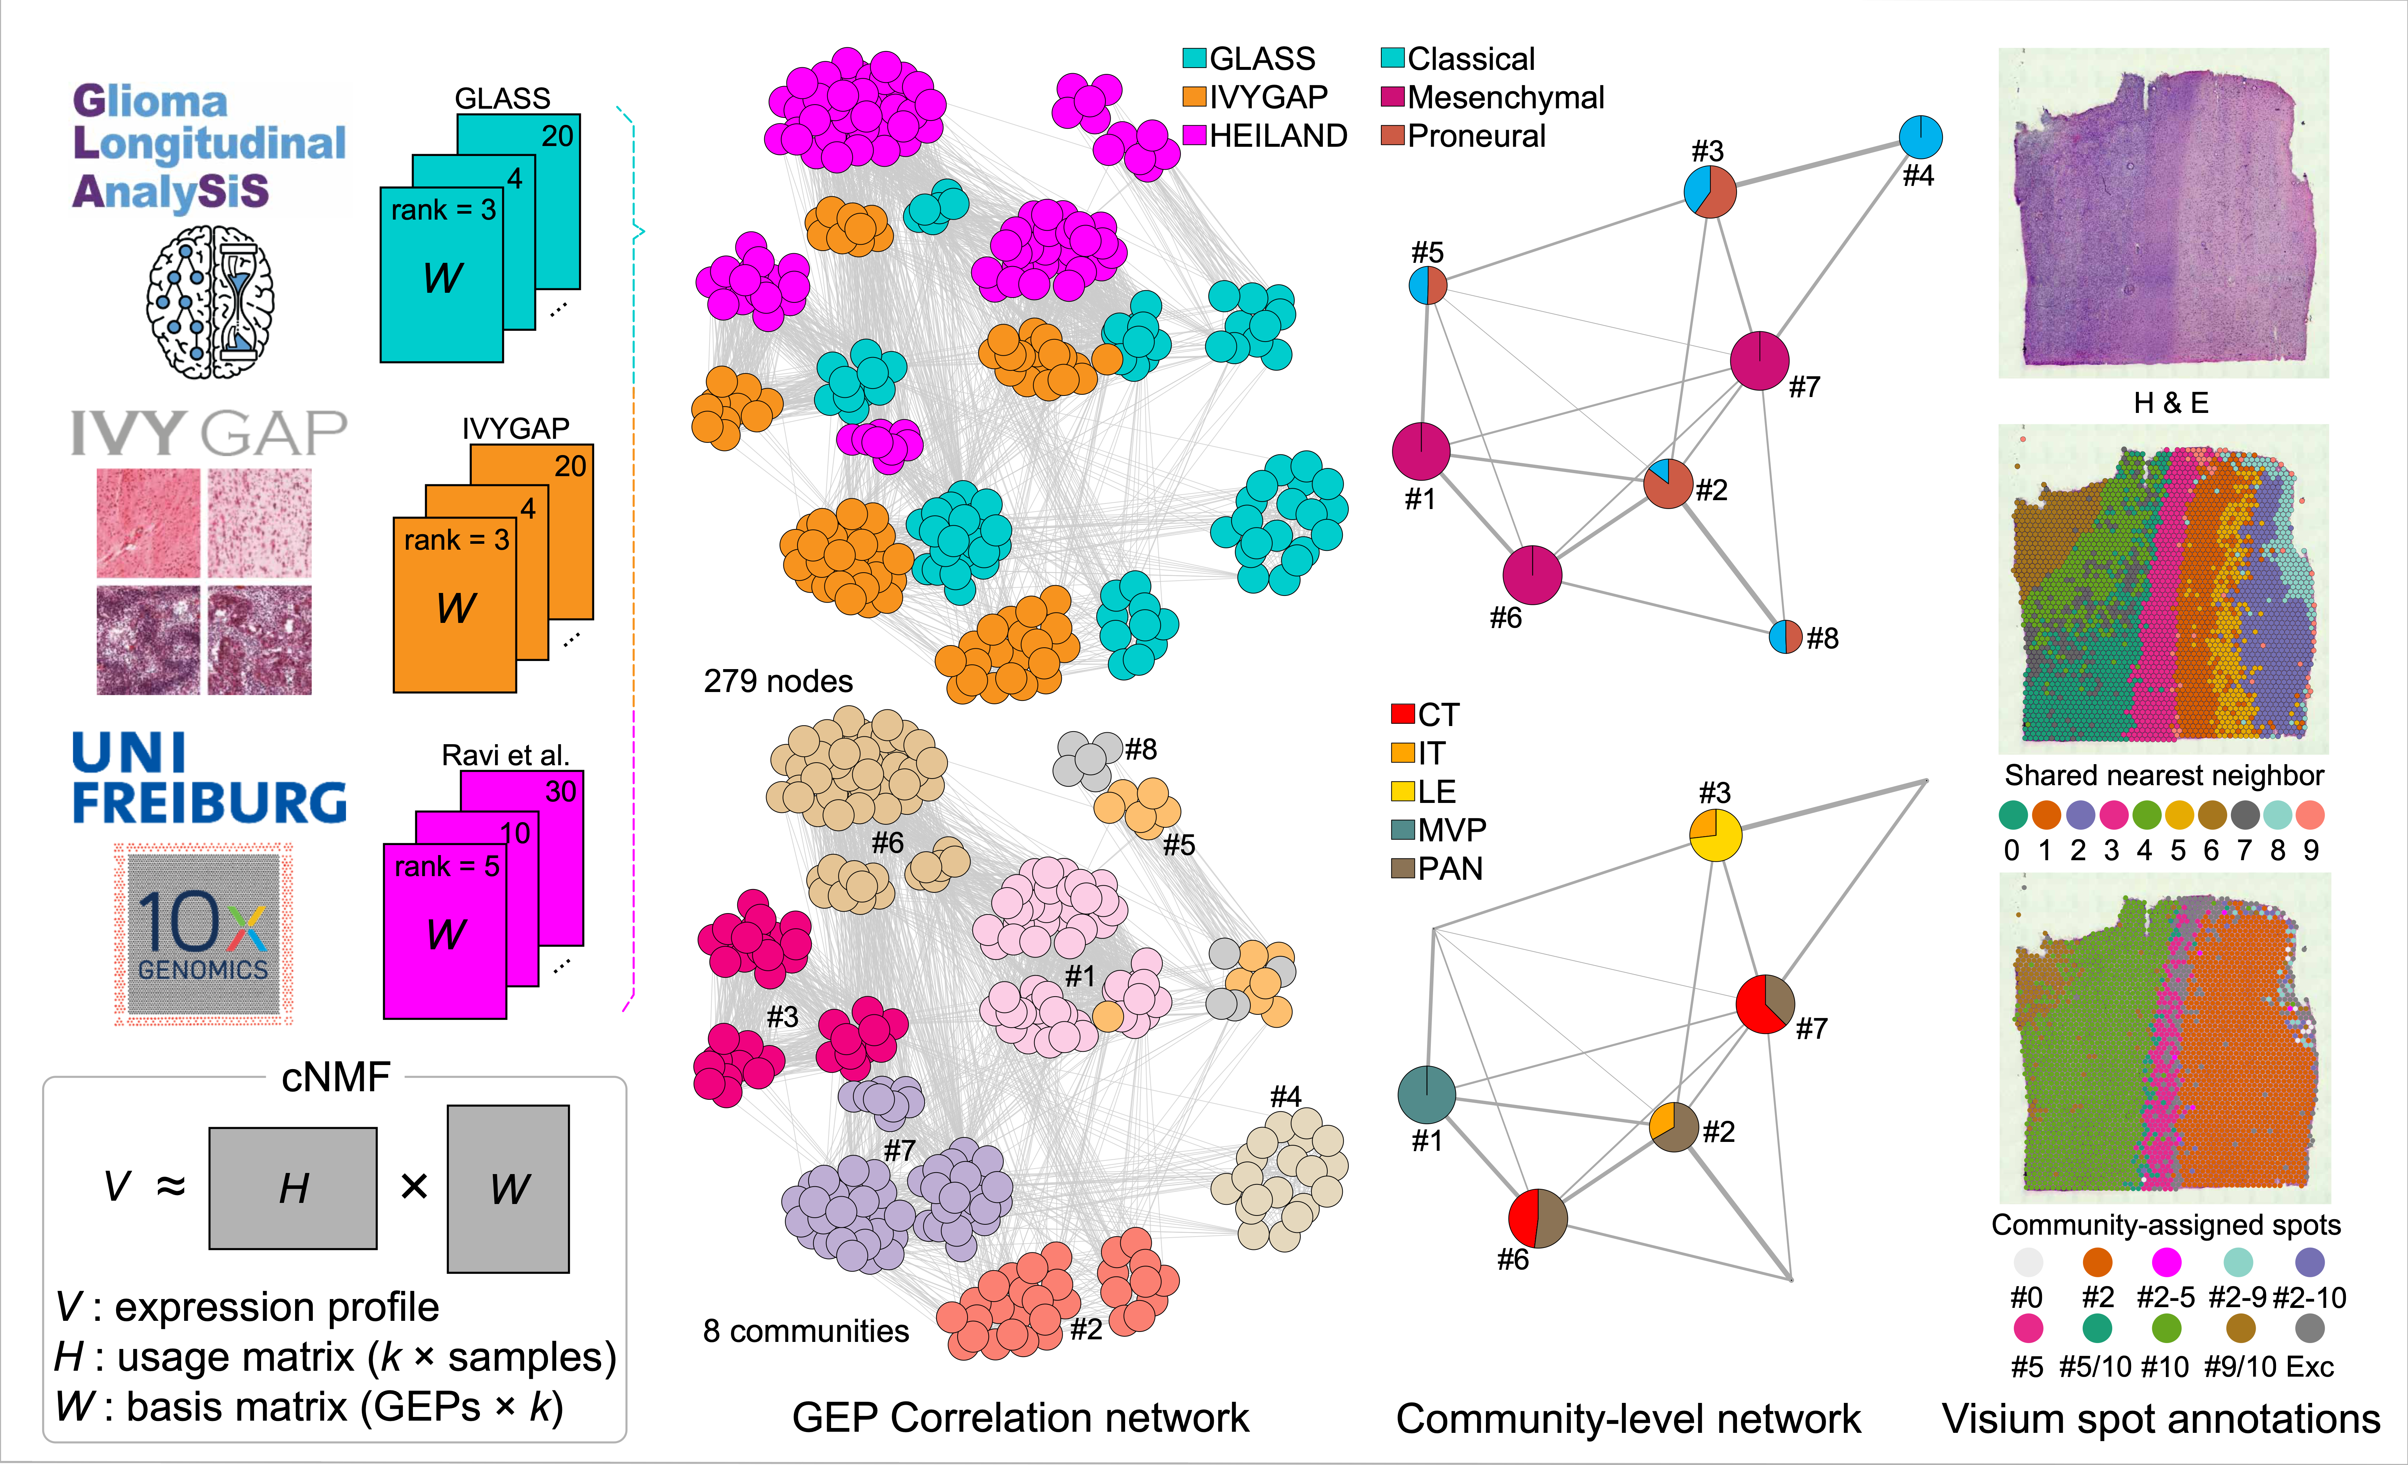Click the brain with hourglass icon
(210, 302)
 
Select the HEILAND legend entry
(1266, 136)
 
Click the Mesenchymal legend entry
(1492, 98)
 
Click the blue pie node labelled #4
(1920, 138)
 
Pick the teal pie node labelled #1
(1427, 1095)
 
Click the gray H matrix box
(293, 1188)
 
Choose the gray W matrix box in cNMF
(508, 1188)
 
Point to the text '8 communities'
(806, 1331)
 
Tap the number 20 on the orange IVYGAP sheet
(571, 466)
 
